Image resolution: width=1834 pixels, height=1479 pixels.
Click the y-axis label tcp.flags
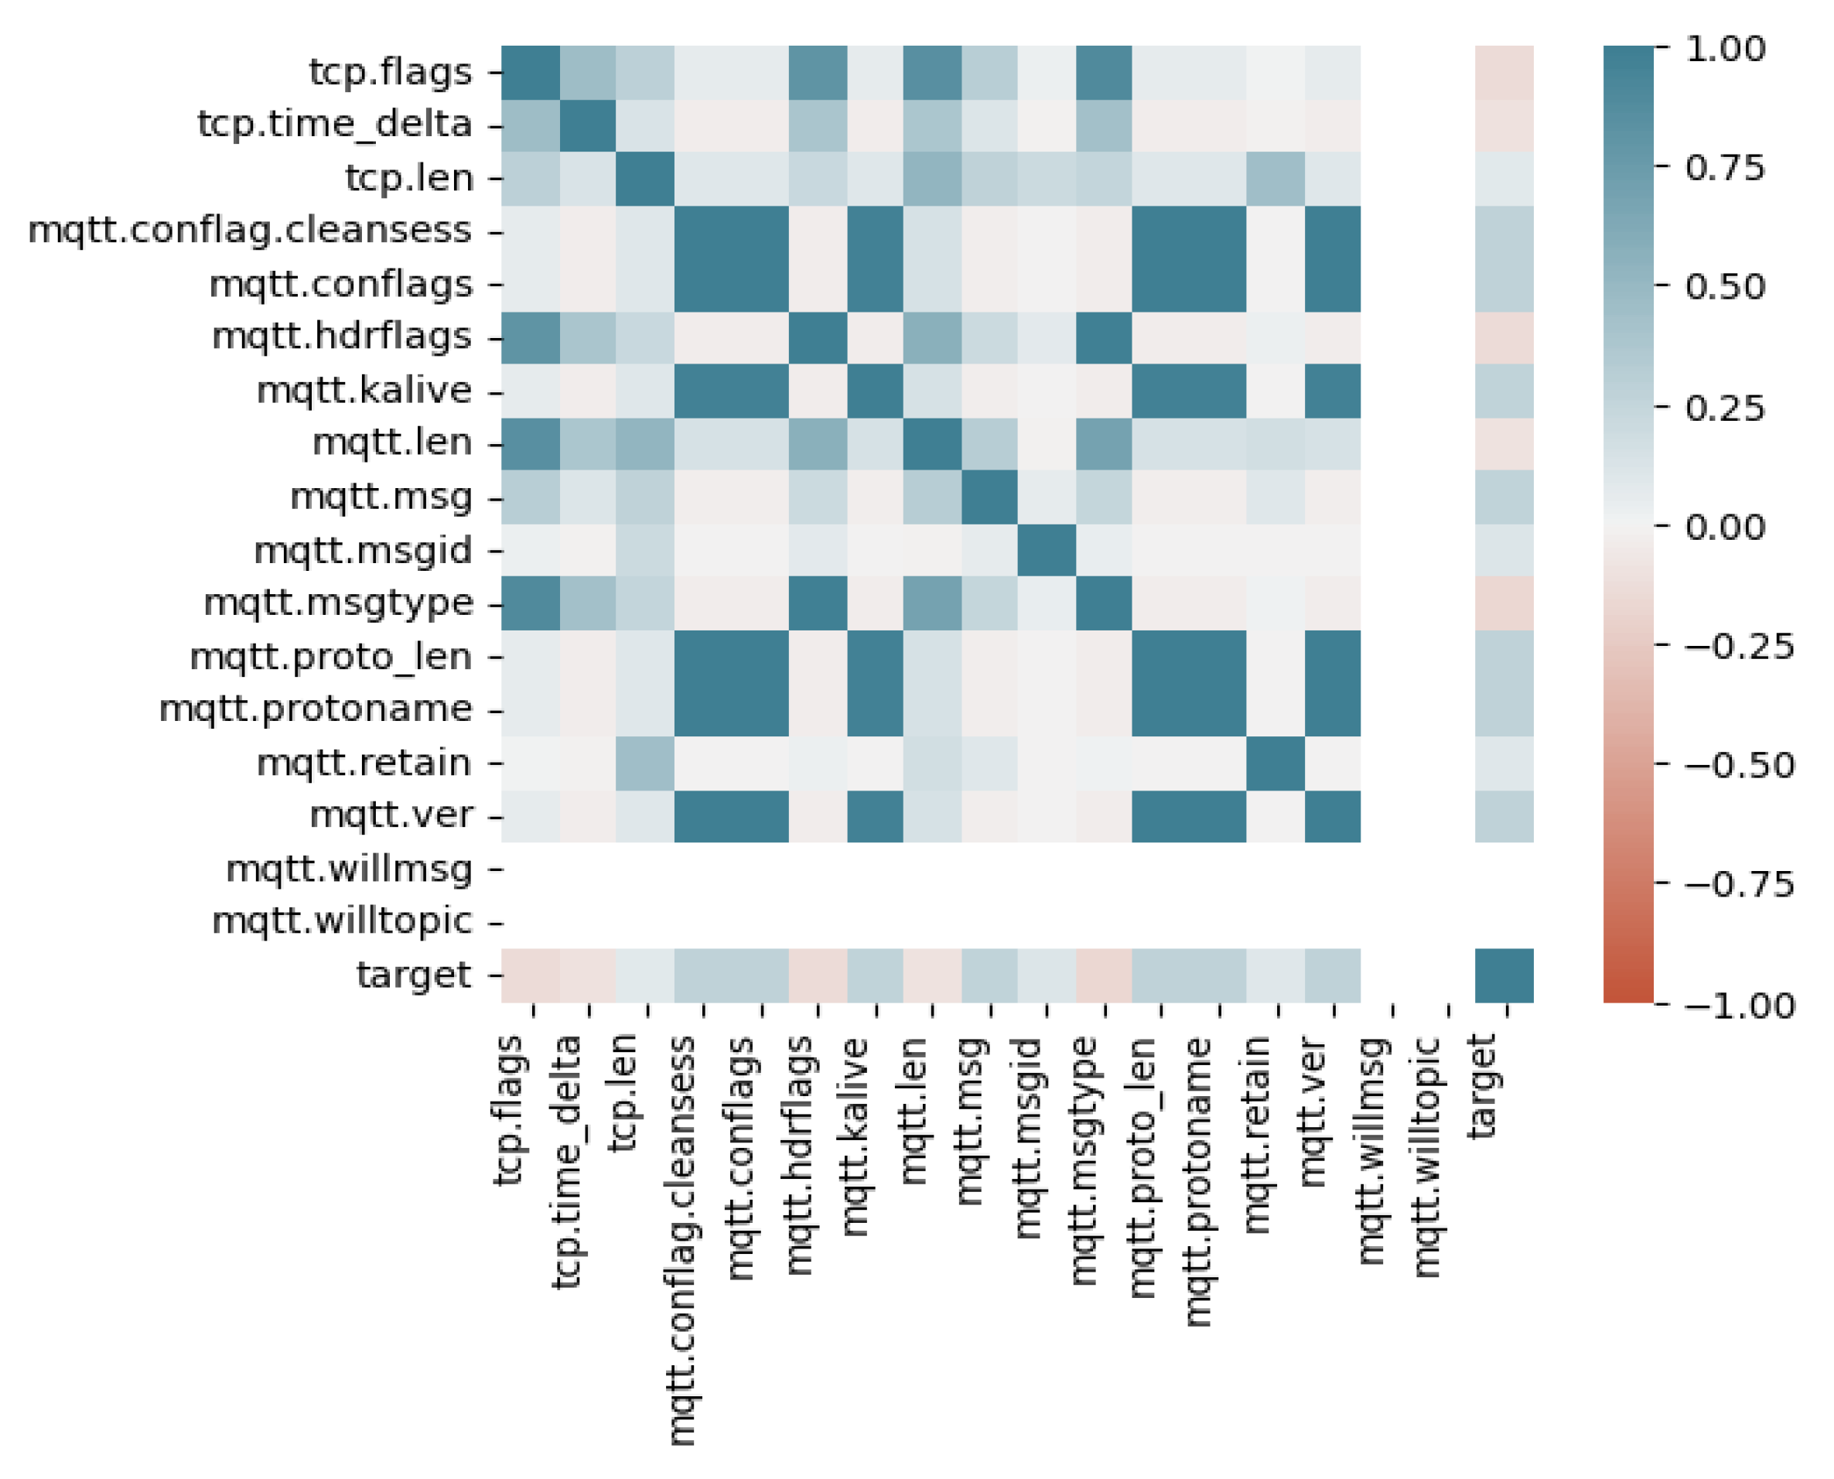click(x=389, y=72)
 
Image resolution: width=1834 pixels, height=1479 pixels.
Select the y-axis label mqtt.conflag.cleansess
click(x=250, y=231)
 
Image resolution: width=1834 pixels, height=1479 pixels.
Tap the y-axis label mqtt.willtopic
click(x=342, y=922)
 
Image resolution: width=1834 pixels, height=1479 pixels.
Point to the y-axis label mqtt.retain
click(x=364, y=763)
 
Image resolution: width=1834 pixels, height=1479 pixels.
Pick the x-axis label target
click(x=1482, y=1086)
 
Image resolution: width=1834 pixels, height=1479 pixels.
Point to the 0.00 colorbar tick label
click(x=1724, y=528)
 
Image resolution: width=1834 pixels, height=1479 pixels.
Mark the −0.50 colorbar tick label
click(x=1738, y=765)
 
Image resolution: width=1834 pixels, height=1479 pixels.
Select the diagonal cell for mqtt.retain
click(x=1276, y=763)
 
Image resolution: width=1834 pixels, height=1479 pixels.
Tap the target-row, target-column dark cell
click(x=1504, y=975)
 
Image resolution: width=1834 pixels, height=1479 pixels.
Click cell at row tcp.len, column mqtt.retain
click(x=1276, y=179)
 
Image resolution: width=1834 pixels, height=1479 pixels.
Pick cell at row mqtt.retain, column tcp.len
click(x=645, y=763)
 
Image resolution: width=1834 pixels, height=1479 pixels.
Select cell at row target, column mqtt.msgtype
click(x=1104, y=975)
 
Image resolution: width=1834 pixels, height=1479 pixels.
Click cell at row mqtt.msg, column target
click(x=1504, y=497)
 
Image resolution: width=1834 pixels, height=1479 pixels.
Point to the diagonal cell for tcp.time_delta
click(x=588, y=125)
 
